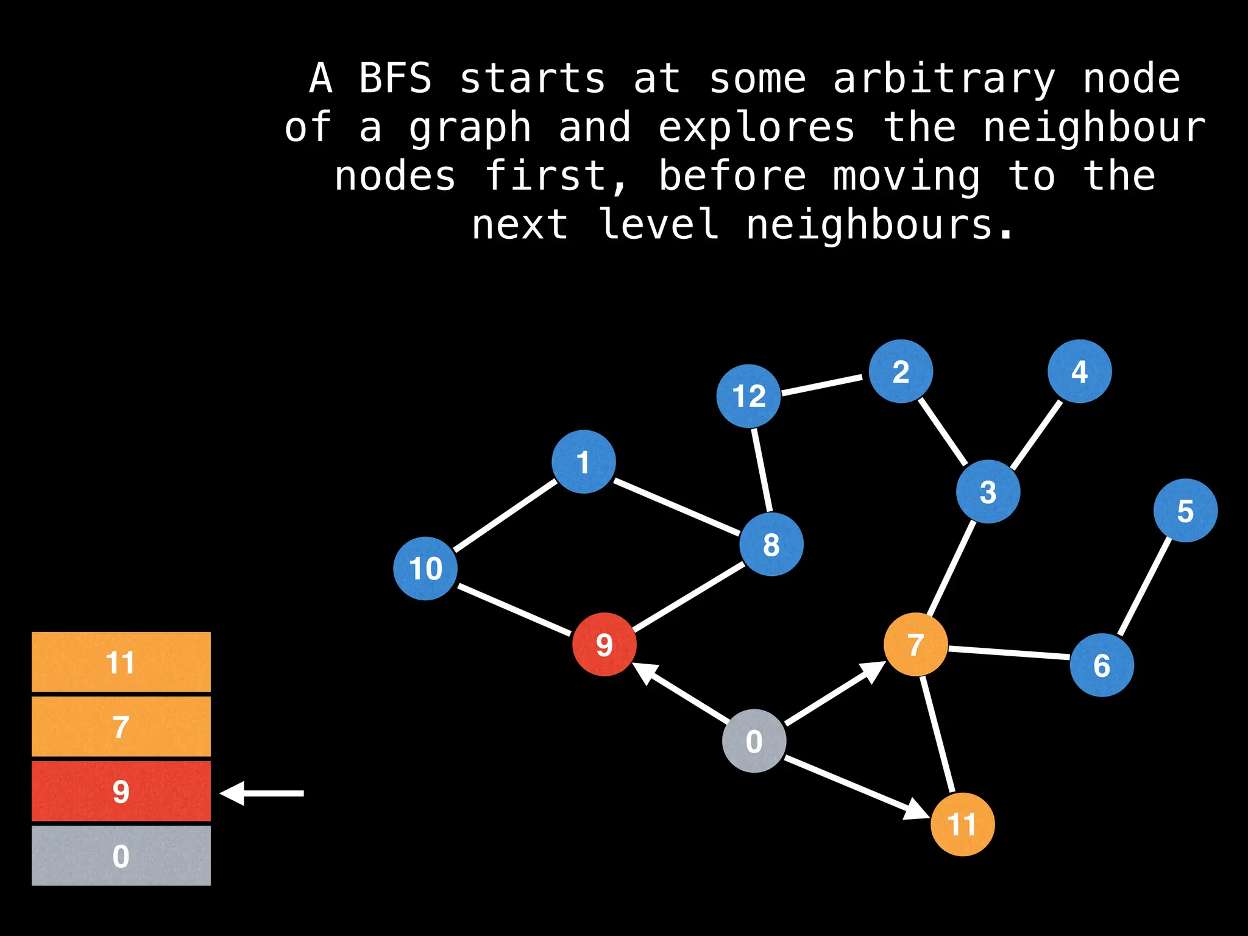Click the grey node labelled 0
tap(754, 741)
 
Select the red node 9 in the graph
tap(604, 644)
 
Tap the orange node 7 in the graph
tap(915, 645)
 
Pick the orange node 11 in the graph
tap(962, 824)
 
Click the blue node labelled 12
tap(748, 396)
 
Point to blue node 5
tap(1185, 511)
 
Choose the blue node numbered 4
tap(1079, 371)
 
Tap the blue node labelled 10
tap(425, 569)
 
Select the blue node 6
tap(1102, 665)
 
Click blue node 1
tap(584, 462)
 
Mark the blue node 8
tap(771, 544)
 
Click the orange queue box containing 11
tap(121, 662)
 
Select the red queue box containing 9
tap(121, 791)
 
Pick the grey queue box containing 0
tap(121, 856)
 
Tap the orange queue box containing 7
tap(121, 726)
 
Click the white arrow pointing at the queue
tap(262, 793)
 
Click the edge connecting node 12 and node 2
tap(822, 385)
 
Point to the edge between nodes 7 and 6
tap(1009, 653)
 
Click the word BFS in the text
tap(395, 79)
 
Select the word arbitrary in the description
tap(944, 79)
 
